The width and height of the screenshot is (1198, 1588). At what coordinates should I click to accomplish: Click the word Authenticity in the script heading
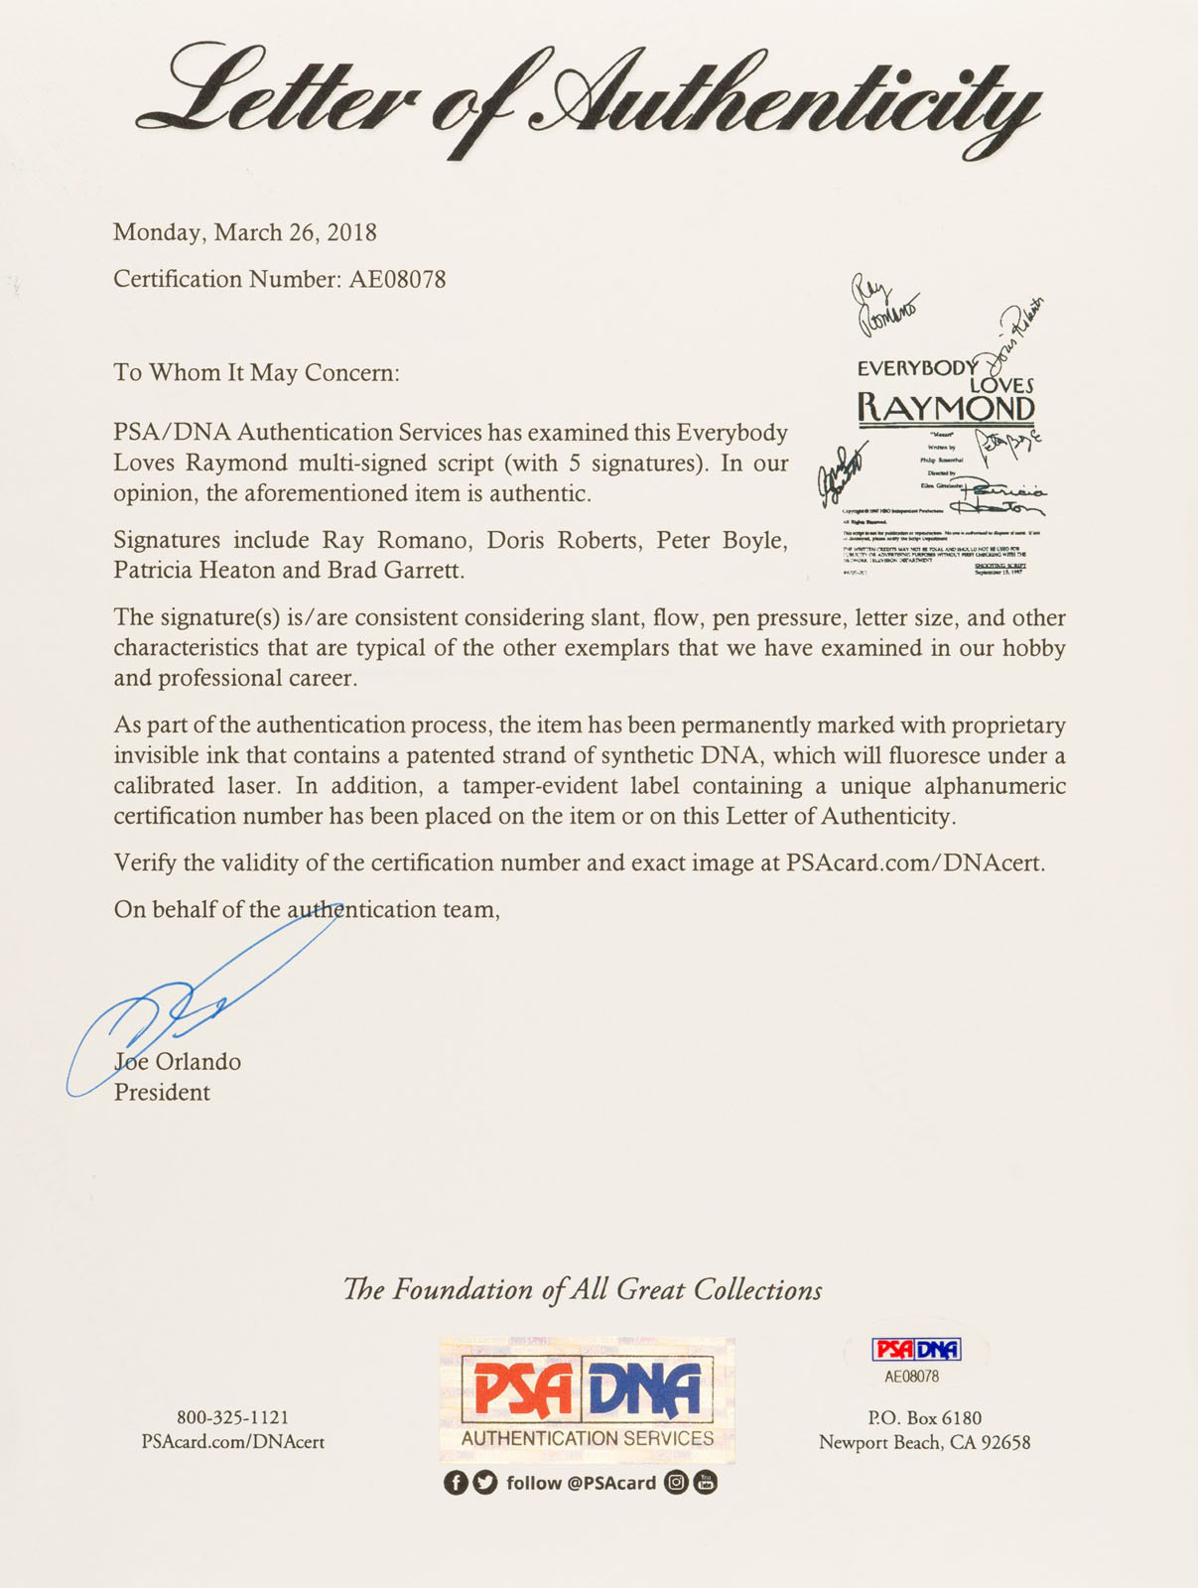[x=784, y=99]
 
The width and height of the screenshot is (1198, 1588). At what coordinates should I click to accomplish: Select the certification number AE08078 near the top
[x=397, y=279]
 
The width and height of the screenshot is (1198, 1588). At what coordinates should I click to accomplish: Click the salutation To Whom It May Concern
[x=256, y=372]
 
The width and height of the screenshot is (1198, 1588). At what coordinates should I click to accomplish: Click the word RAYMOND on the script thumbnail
[x=945, y=407]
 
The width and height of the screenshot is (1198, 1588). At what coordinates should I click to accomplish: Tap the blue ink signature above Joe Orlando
[x=199, y=992]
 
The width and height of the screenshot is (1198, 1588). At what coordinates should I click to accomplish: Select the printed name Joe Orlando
[x=178, y=1062]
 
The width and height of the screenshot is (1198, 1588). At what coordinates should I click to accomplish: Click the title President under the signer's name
[x=162, y=1093]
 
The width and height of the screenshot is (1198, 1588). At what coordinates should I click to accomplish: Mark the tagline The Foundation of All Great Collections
[x=583, y=1289]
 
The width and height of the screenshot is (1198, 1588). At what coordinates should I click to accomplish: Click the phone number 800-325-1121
[x=232, y=1417]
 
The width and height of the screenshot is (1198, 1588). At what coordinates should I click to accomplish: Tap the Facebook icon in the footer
[x=456, y=1483]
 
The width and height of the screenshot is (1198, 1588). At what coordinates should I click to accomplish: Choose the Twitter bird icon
[x=485, y=1483]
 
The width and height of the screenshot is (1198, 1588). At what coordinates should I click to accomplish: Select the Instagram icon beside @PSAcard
[x=676, y=1483]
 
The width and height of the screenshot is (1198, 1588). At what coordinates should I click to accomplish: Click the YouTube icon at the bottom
[x=706, y=1483]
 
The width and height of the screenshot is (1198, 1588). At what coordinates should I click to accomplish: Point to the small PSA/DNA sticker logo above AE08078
[x=916, y=1350]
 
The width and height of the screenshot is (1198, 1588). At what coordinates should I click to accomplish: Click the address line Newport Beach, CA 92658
[x=924, y=1442]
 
